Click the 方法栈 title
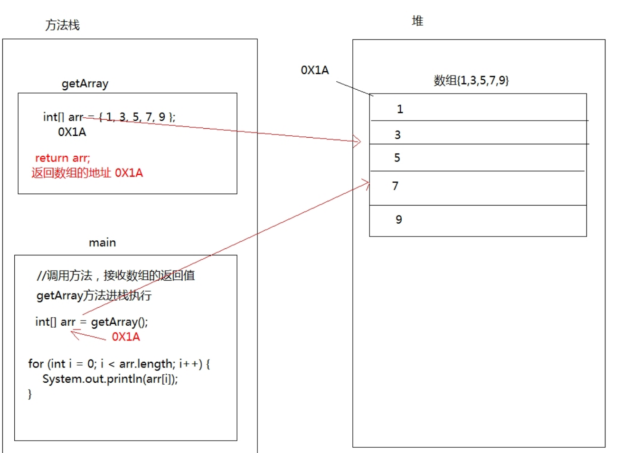click(x=62, y=25)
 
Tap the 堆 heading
click(x=417, y=21)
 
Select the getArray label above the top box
click(x=85, y=84)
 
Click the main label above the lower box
click(x=102, y=243)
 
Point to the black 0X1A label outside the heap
click(x=314, y=70)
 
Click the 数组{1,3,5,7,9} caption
click(x=471, y=80)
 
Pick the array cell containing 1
click(x=478, y=108)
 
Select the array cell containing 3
click(x=478, y=133)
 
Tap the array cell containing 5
click(x=478, y=158)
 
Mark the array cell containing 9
click(x=478, y=221)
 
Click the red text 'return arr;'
click(x=62, y=158)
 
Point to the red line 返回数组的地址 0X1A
click(x=87, y=173)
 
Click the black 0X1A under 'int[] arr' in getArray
click(x=72, y=132)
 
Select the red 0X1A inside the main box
click(x=126, y=337)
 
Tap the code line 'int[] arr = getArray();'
click(x=91, y=322)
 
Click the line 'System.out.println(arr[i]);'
click(x=110, y=379)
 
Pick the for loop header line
click(x=119, y=364)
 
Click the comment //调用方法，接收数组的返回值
click(x=115, y=275)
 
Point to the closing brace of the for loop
click(x=30, y=394)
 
